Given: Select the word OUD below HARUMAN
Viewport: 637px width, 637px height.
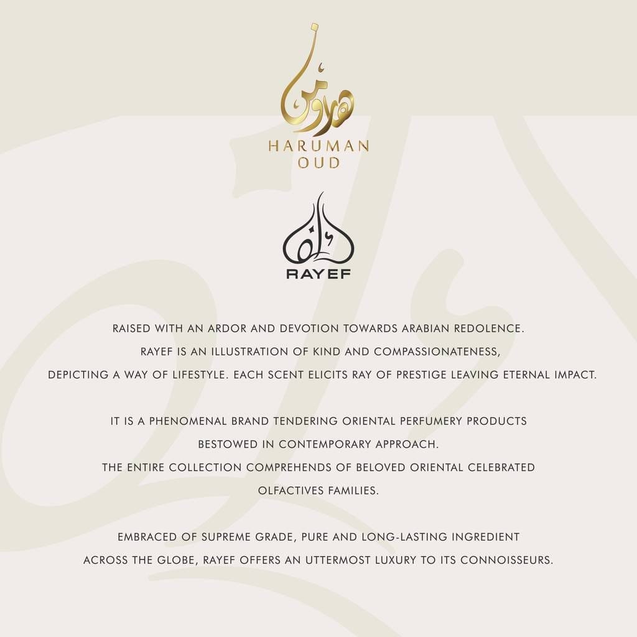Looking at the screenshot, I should click(x=318, y=164).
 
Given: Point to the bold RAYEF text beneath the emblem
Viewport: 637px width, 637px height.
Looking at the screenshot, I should click(x=318, y=274).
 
